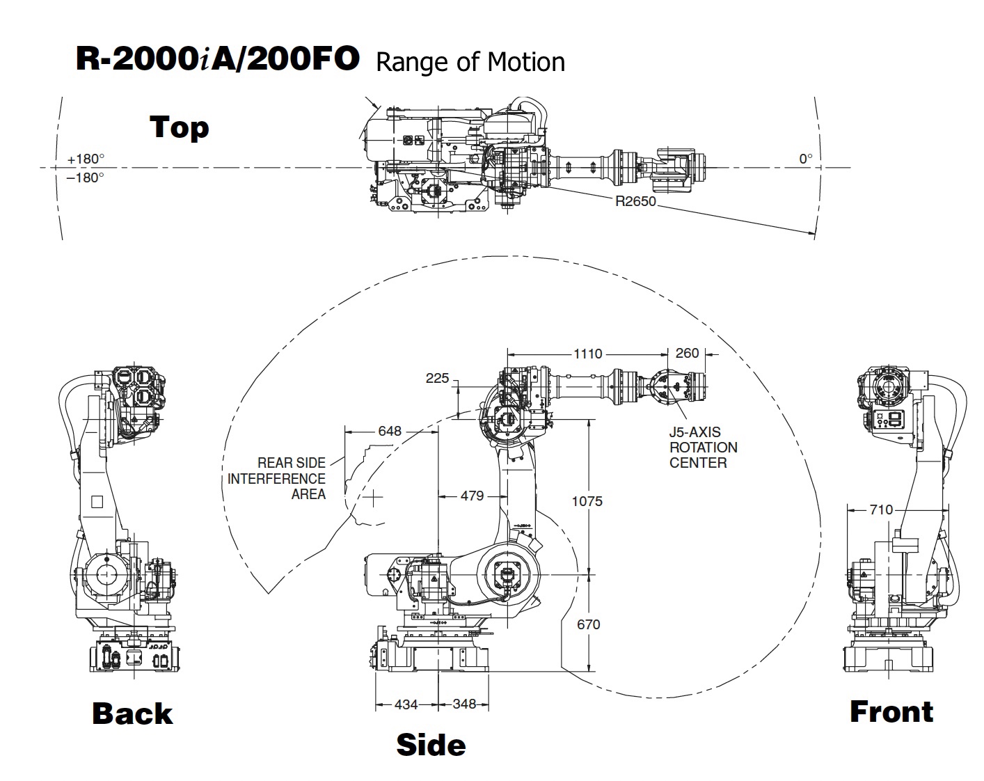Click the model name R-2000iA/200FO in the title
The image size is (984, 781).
217,60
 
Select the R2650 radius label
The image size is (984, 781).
635,202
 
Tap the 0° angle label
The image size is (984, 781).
805,159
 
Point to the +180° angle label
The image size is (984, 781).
86,159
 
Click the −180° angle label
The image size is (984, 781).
86,177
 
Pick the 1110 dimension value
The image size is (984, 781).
587,354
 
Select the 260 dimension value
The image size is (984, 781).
687,353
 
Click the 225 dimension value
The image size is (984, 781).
437,378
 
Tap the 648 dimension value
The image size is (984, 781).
390,431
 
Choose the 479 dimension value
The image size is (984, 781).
472,496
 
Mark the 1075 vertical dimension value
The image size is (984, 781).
587,501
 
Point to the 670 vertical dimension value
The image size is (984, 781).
589,624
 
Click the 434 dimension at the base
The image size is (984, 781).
406,704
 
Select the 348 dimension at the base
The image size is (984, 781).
464,704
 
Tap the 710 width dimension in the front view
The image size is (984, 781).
881,510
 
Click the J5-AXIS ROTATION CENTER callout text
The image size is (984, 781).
703,448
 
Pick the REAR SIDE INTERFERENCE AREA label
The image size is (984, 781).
276,478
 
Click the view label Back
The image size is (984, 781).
132,713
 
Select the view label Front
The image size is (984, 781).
891,711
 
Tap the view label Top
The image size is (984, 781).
179,127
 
